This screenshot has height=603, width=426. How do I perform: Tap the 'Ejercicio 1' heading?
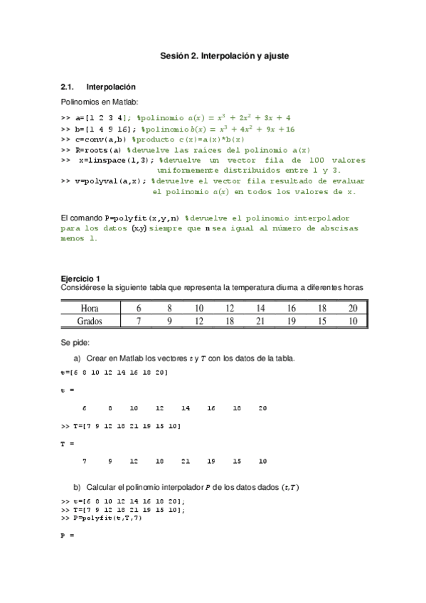(80, 278)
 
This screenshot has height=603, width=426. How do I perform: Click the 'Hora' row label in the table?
(90, 308)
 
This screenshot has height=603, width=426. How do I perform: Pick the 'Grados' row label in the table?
(90, 321)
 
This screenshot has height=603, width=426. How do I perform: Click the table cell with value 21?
(260, 321)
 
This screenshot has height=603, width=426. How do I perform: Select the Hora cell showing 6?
(139, 308)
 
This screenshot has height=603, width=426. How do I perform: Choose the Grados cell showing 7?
(139, 321)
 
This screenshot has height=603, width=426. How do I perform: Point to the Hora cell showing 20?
(353, 308)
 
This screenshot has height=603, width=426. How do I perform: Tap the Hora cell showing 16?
(291, 308)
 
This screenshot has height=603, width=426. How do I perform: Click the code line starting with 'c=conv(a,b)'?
(153, 139)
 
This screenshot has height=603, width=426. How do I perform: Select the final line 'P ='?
(68, 535)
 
